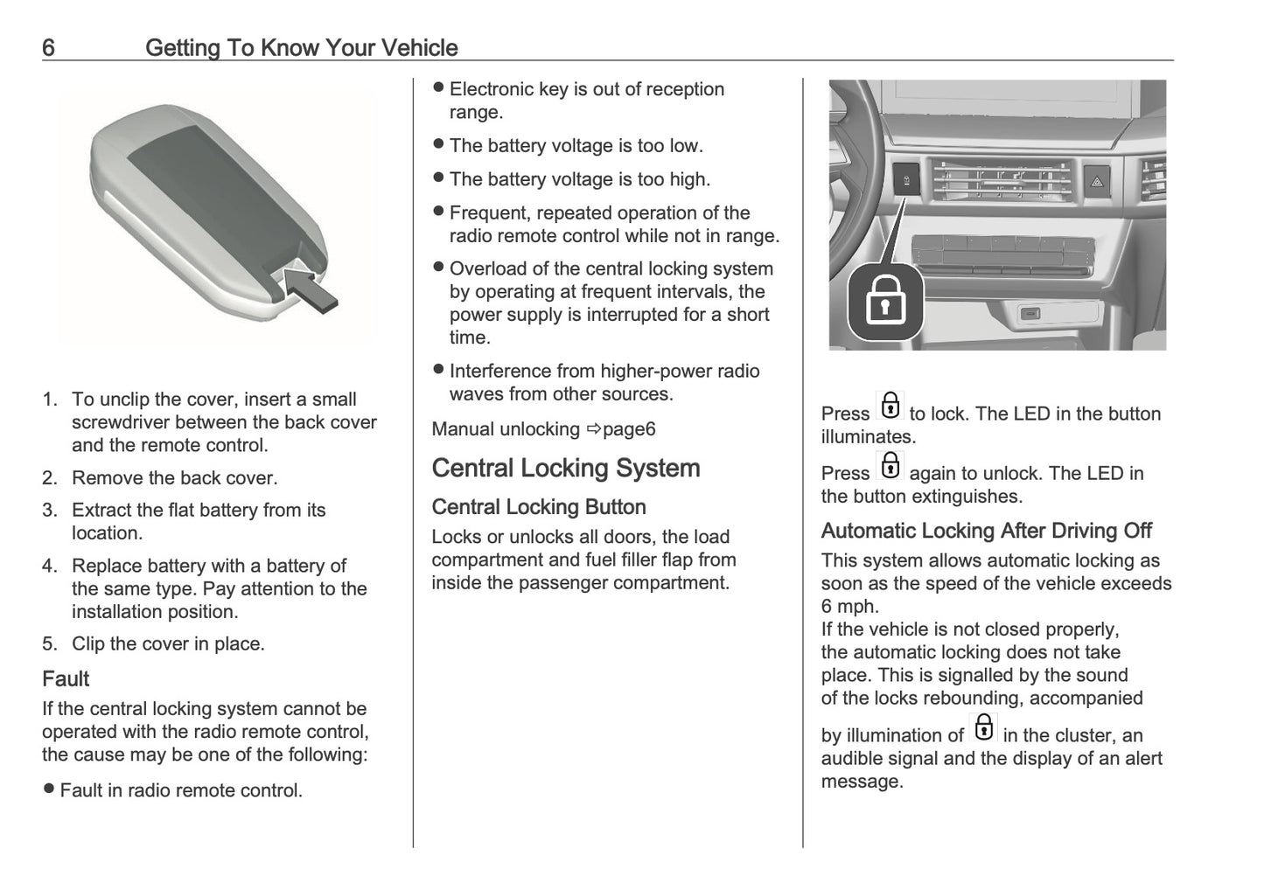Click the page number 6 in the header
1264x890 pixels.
tap(49, 47)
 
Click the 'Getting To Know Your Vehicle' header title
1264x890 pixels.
tap(301, 47)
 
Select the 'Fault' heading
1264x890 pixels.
tap(66, 678)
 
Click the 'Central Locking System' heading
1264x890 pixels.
tap(565, 468)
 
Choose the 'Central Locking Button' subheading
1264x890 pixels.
tap(539, 507)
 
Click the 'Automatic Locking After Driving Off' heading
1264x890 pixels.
tap(986, 531)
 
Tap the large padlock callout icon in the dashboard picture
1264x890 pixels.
tap(885, 302)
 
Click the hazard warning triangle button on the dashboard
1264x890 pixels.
tap(1097, 182)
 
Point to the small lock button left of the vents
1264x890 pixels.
tap(906, 181)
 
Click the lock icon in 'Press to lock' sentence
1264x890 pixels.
tap(890, 407)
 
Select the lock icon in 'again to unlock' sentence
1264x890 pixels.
tap(890, 466)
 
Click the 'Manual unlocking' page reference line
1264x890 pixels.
tap(543, 429)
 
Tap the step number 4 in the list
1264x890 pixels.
tap(49, 567)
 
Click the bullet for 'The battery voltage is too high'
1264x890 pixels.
tap(439, 178)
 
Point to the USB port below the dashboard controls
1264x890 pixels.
tap(1031, 313)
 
